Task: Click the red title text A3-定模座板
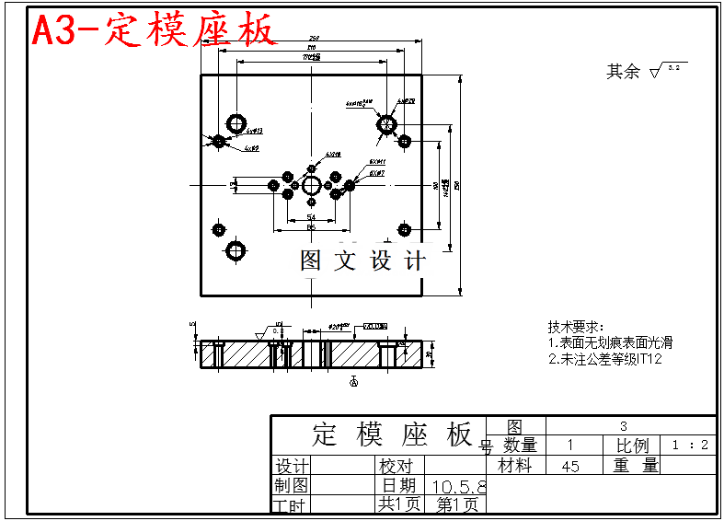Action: [155, 30]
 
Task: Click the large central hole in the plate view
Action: [311, 185]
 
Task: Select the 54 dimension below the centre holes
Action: [311, 216]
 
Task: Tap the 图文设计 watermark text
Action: [364, 260]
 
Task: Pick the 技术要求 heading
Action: [575, 327]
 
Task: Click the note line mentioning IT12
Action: [604, 359]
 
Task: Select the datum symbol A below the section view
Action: [354, 380]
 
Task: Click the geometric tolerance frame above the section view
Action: [374, 326]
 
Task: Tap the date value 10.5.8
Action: [458, 485]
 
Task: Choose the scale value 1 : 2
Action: [690, 446]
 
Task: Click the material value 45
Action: [570, 466]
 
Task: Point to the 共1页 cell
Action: [398, 504]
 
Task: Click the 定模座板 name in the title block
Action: [393, 434]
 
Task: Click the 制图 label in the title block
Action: [291, 485]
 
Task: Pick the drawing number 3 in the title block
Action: [624, 425]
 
